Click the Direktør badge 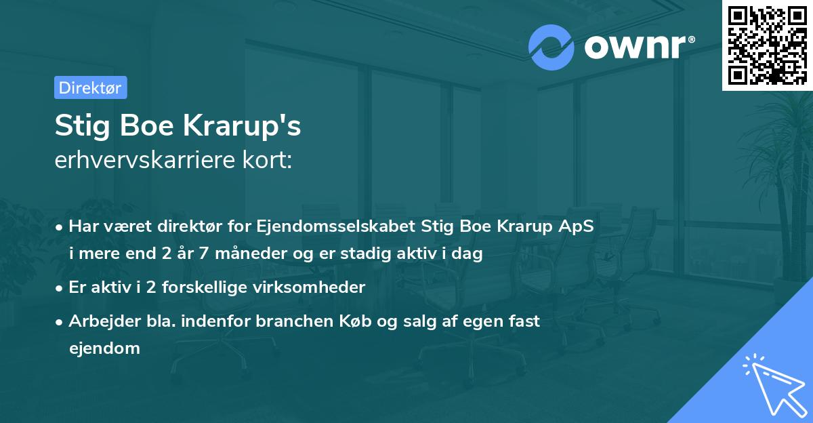[x=90, y=87]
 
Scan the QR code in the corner [x=767, y=45]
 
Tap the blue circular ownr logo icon [x=551, y=47]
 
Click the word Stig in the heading [x=79, y=127]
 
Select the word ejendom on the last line [x=104, y=348]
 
